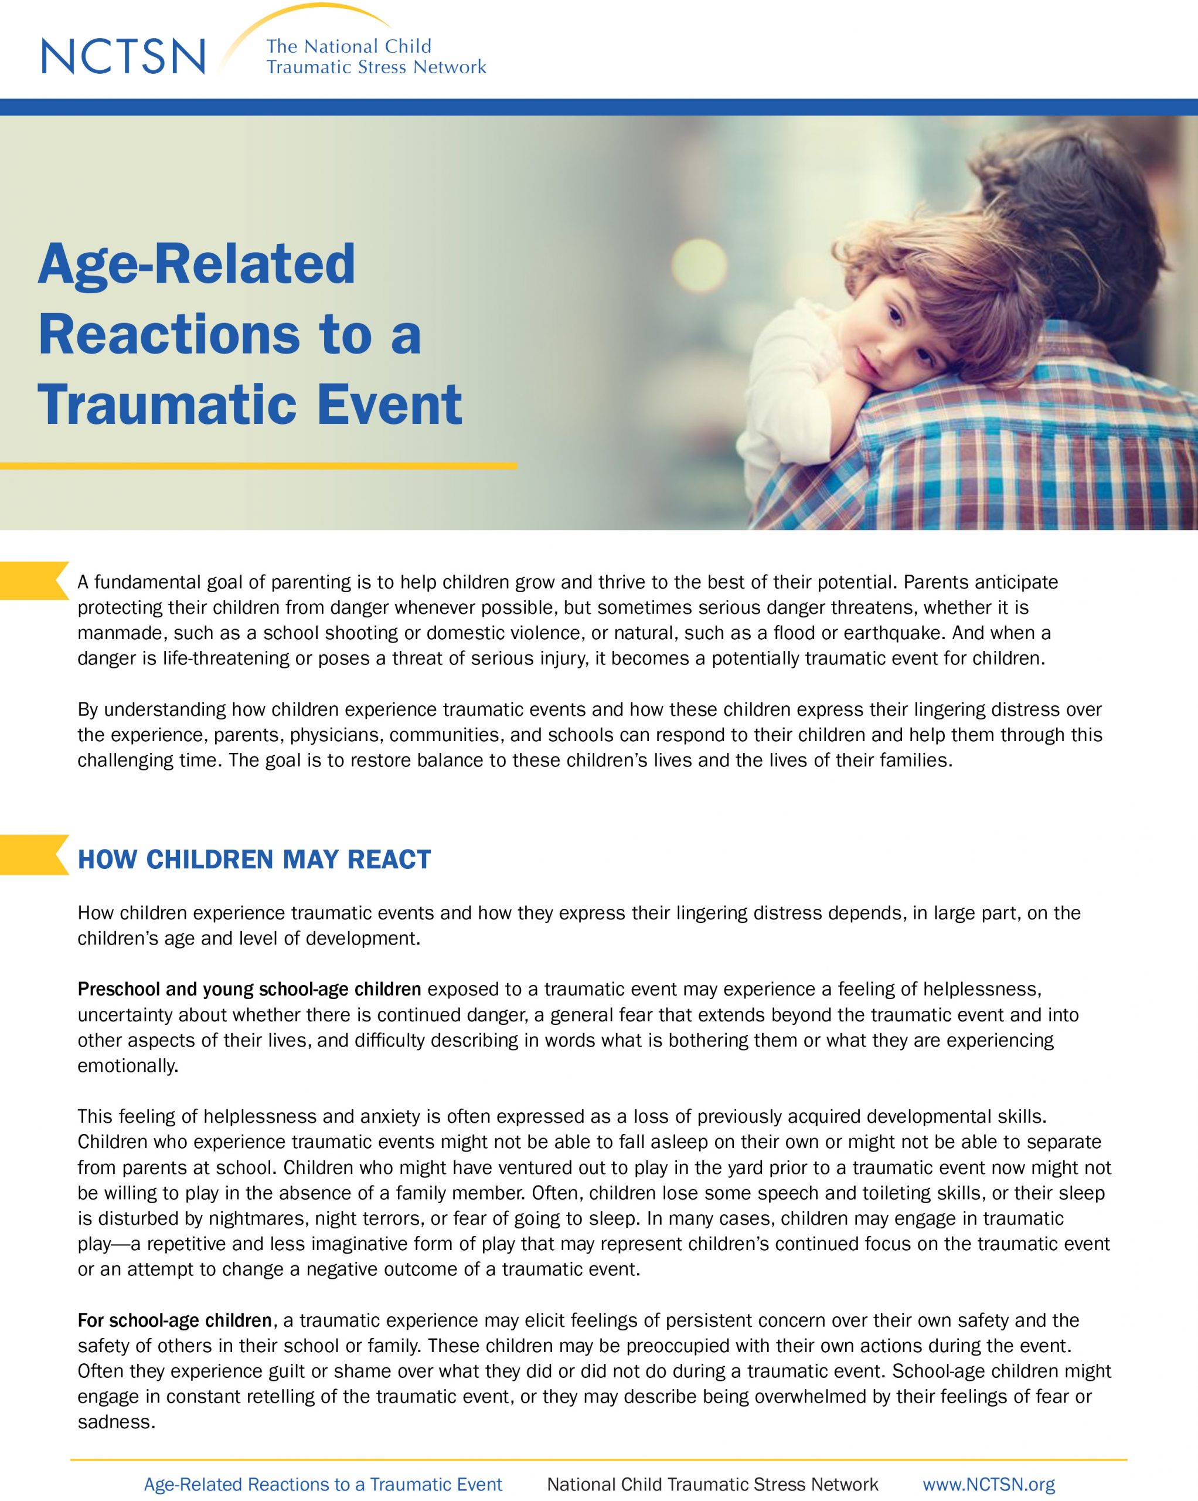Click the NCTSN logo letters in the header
124,56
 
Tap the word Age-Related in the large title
196,264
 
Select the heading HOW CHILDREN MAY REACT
254,859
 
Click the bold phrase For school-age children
175,1320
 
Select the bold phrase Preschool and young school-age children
249,989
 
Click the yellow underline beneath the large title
257,466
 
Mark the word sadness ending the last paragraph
115,1422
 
